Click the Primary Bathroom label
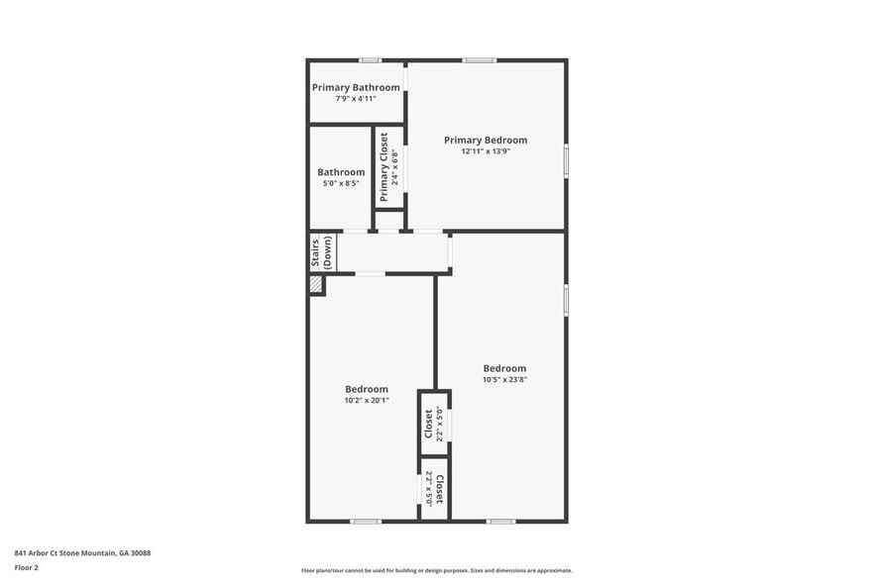[x=356, y=87]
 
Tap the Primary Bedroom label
[x=486, y=141]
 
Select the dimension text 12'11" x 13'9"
[x=486, y=151]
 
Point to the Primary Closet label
[x=383, y=167]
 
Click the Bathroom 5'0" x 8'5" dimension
[x=341, y=183]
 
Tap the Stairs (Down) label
[x=321, y=252]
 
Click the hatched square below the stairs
[x=315, y=284]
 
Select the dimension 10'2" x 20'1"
[x=367, y=400]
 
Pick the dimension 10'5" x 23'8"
[x=504, y=379]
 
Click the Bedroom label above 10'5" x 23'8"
[x=504, y=368]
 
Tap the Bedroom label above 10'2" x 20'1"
[x=367, y=389]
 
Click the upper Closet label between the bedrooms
[x=428, y=424]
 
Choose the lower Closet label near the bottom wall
[x=439, y=489]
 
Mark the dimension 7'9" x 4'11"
[x=356, y=98]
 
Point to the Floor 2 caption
[x=26, y=567]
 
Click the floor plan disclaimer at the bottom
[x=436, y=570]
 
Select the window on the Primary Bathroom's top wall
[x=371, y=60]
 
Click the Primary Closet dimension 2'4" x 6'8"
[x=394, y=167]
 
